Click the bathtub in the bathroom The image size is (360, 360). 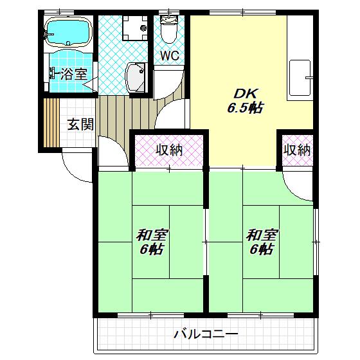(x=68, y=32)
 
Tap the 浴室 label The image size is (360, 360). (x=74, y=74)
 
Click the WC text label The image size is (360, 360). (x=170, y=55)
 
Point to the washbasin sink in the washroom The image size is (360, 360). (x=135, y=77)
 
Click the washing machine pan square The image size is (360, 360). (x=135, y=28)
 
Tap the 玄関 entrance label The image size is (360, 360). (x=80, y=125)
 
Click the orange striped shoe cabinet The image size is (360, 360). (x=51, y=123)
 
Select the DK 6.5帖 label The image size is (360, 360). (x=245, y=100)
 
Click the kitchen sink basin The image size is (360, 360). (x=300, y=78)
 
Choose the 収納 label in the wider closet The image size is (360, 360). (x=169, y=150)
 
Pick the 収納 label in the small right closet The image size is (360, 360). (x=297, y=150)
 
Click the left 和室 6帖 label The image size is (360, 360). (x=152, y=242)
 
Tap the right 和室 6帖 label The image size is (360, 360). (x=262, y=242)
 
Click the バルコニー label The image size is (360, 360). (x=206, y=334)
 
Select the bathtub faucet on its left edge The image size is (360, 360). (x=48, y=35)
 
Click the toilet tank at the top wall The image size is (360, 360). (x=168, y=19)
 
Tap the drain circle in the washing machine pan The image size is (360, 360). (x=143, y=28)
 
